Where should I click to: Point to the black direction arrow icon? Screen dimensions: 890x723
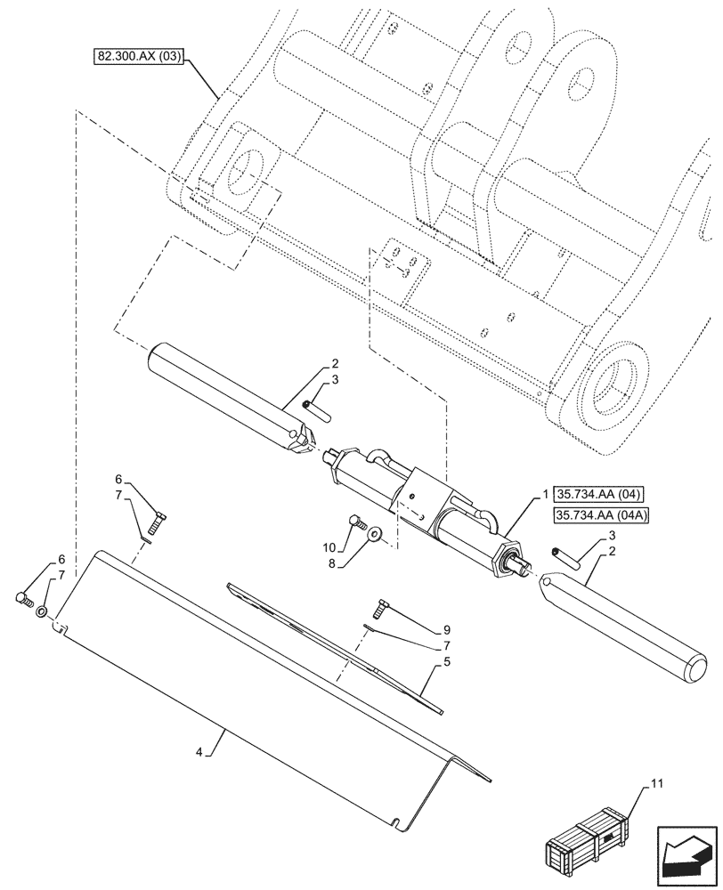(x=685, y=854)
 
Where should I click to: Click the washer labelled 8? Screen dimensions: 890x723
(x=373, y=533)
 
